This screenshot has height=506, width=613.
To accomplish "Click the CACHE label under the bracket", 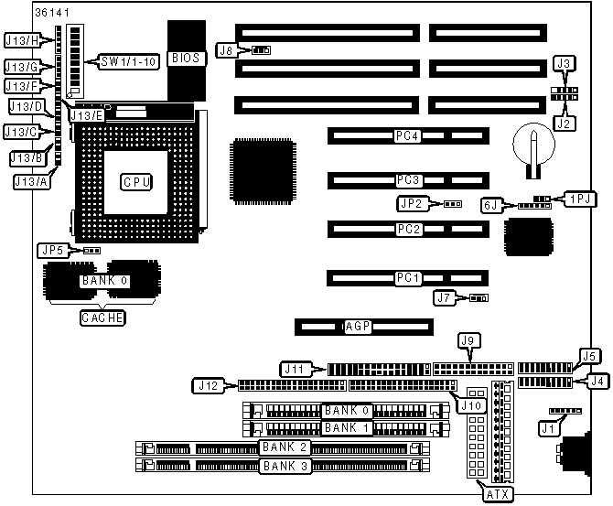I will point(102,318).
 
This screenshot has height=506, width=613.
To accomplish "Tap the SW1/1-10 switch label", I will point(129,62).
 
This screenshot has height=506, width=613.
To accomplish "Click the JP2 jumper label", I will point(409,203).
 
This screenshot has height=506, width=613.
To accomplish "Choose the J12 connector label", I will point(206,385).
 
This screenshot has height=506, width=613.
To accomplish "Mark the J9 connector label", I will point(468,340).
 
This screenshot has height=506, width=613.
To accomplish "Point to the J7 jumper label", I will point(445,297).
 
